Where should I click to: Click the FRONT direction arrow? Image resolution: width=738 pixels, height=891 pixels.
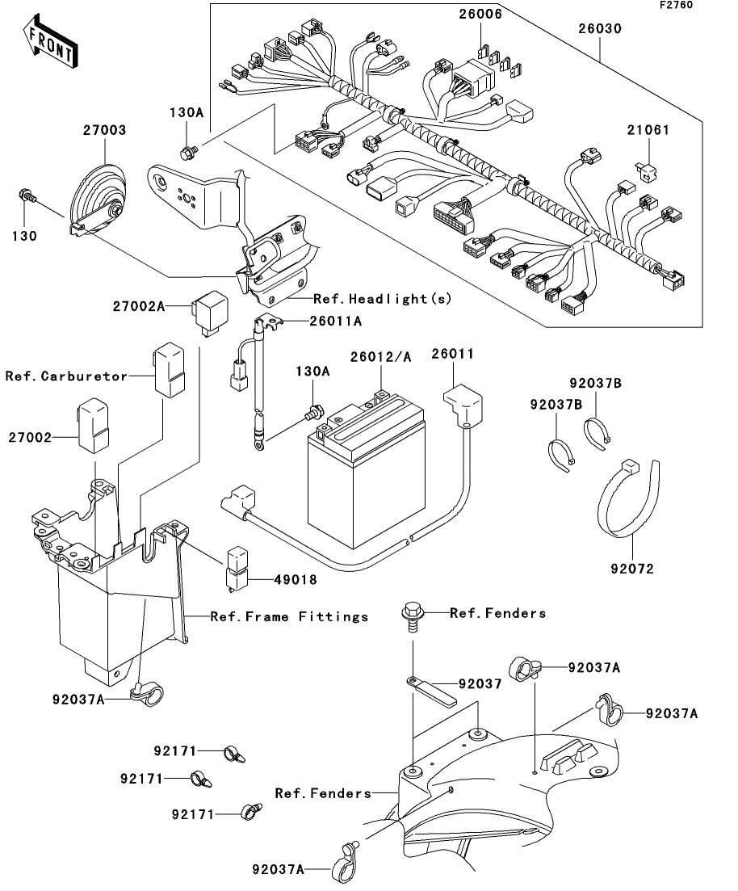(50, 46)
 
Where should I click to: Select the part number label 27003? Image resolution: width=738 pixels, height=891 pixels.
(105, 129)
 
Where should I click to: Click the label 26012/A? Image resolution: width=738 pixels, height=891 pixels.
(381, 355)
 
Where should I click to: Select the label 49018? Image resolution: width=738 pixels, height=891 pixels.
(271, 579)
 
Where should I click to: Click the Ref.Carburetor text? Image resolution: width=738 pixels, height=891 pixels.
(66, 376)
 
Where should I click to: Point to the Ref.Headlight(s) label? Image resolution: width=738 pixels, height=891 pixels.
(382, 299)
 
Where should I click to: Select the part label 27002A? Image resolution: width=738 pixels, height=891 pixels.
(138, 306)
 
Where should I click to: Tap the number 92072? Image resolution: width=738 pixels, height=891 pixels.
(632, 569)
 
